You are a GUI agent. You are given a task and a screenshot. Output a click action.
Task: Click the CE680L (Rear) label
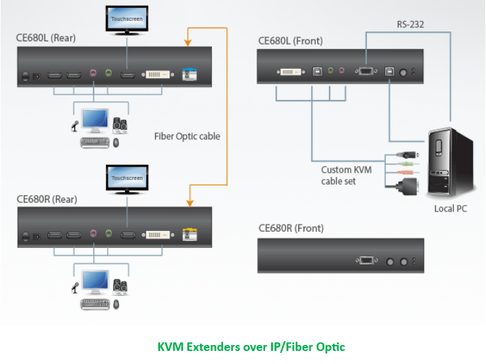point(46,38)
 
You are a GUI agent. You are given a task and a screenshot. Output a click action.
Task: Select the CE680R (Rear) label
point(46,197)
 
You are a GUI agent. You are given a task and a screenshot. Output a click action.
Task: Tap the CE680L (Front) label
point(290,41)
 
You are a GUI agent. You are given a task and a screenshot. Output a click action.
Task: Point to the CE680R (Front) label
point(291,228)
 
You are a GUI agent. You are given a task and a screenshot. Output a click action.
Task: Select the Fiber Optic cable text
point(187,136)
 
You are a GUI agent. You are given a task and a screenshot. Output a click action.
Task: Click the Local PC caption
point(451,209)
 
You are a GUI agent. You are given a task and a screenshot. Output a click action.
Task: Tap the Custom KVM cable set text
point(346,175)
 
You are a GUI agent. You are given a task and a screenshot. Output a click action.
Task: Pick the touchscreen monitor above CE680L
point(127,19)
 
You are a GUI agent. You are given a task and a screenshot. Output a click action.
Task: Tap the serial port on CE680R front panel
point(366,261)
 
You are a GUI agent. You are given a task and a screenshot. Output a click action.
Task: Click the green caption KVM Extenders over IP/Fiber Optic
point(251,346)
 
